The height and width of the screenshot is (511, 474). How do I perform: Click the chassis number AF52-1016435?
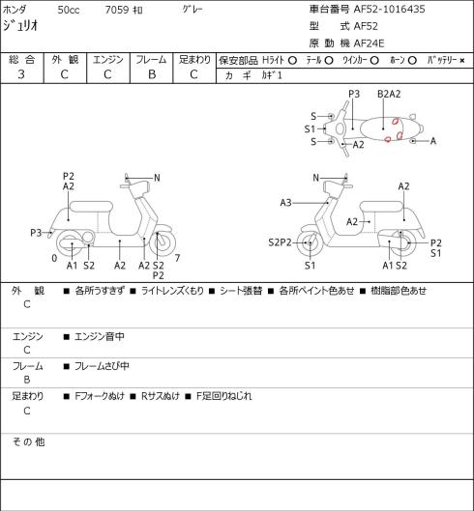390,9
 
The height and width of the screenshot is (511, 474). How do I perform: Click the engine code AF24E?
369,43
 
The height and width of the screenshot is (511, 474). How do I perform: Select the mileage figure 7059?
117,10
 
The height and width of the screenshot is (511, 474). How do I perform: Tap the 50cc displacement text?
69,10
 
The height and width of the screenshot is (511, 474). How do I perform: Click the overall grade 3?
21,74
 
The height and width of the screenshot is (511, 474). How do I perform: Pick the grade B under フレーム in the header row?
152,74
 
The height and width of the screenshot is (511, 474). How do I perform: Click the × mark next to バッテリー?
462,60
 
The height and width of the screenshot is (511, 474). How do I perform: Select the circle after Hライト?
292,60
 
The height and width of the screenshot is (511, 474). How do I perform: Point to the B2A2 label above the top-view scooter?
389,94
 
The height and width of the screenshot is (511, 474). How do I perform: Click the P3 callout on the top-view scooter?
354,94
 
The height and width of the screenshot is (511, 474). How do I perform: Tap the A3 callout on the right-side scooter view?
285,203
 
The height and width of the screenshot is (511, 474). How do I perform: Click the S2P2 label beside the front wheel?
280,242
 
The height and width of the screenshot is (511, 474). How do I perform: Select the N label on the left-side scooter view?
157,178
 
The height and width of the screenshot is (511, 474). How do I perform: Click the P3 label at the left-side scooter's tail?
36,233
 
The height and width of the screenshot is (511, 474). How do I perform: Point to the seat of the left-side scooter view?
91,207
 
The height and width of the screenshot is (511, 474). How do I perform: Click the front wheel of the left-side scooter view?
163,243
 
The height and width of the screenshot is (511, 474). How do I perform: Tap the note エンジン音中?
100,336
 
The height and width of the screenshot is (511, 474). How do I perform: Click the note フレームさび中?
102,366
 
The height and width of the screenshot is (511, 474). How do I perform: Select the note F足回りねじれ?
224,396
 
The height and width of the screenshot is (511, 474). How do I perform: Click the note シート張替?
241,291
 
